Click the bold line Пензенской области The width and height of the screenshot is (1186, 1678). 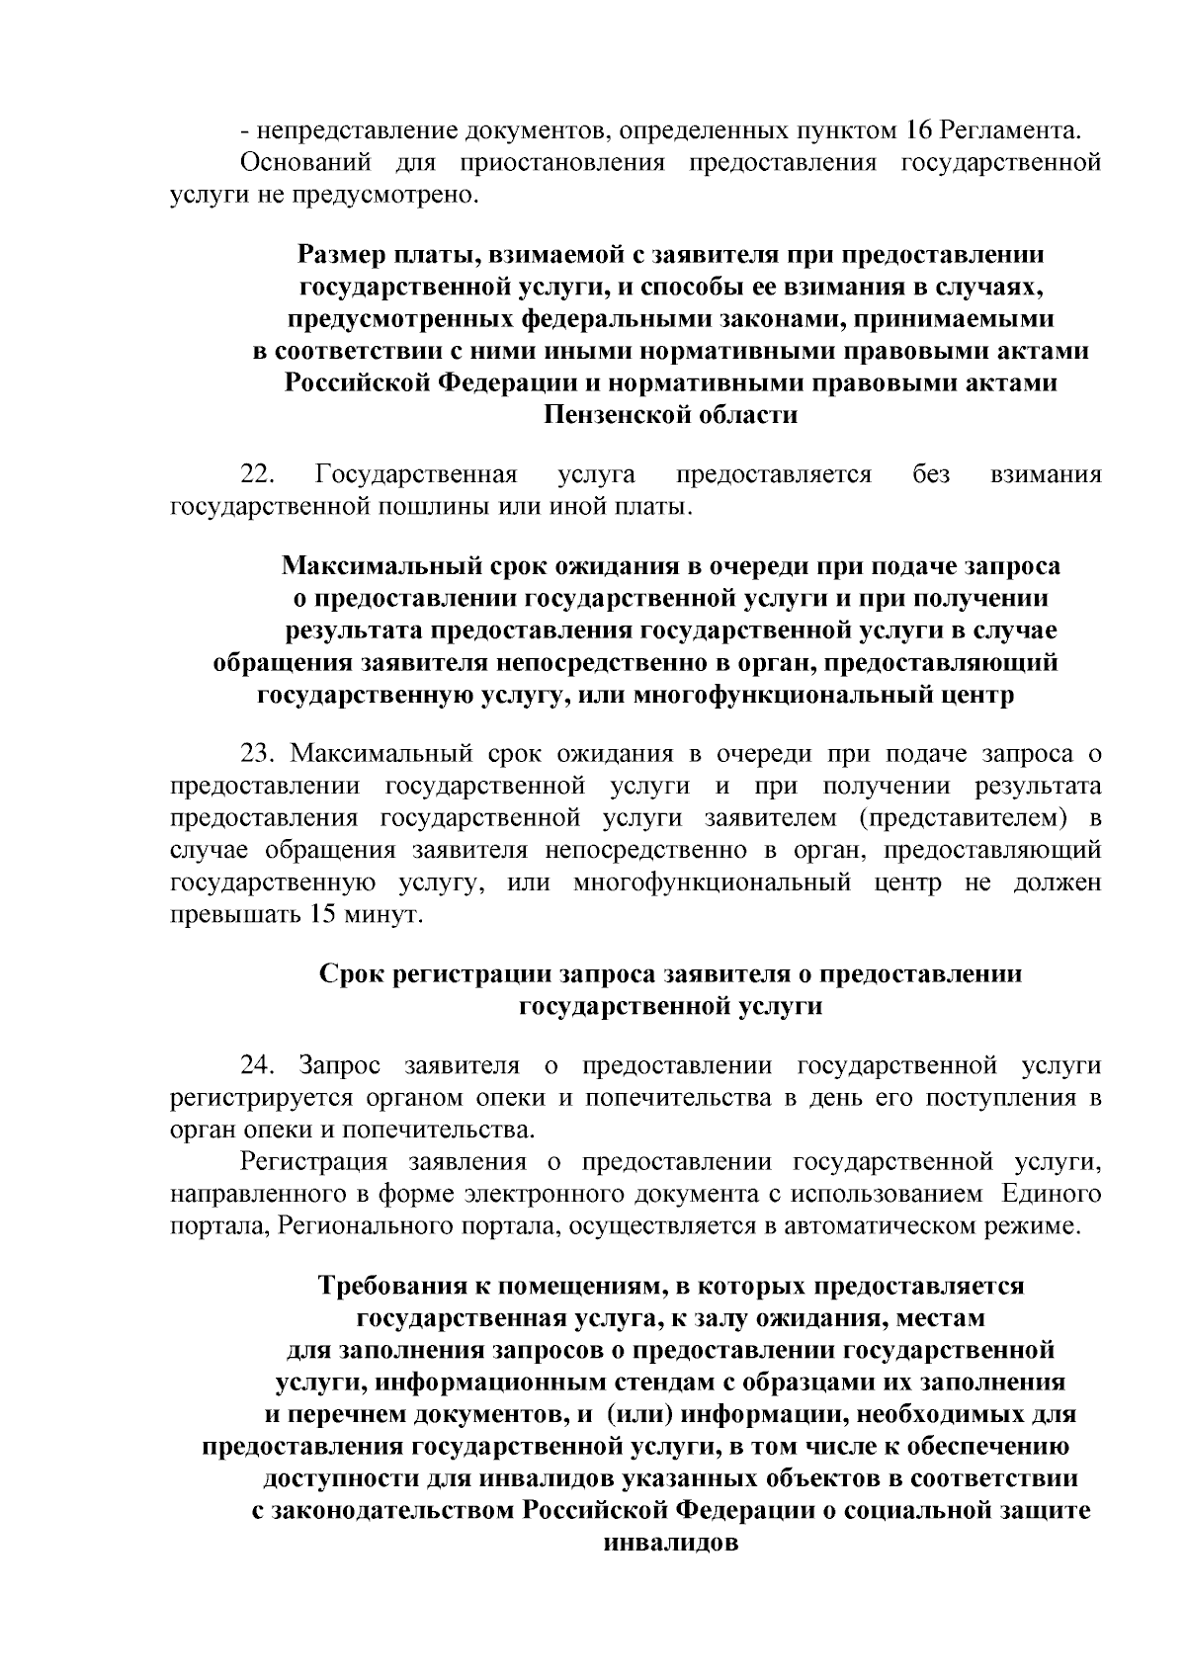click(x=671, y=415)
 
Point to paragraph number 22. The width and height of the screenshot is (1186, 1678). click(x=259, y=475)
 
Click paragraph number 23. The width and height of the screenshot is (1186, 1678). click(x=259, y=754)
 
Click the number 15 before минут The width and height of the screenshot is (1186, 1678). click(x=323, y=915)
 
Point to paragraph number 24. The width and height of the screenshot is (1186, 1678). click(x=259, y=1065)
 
